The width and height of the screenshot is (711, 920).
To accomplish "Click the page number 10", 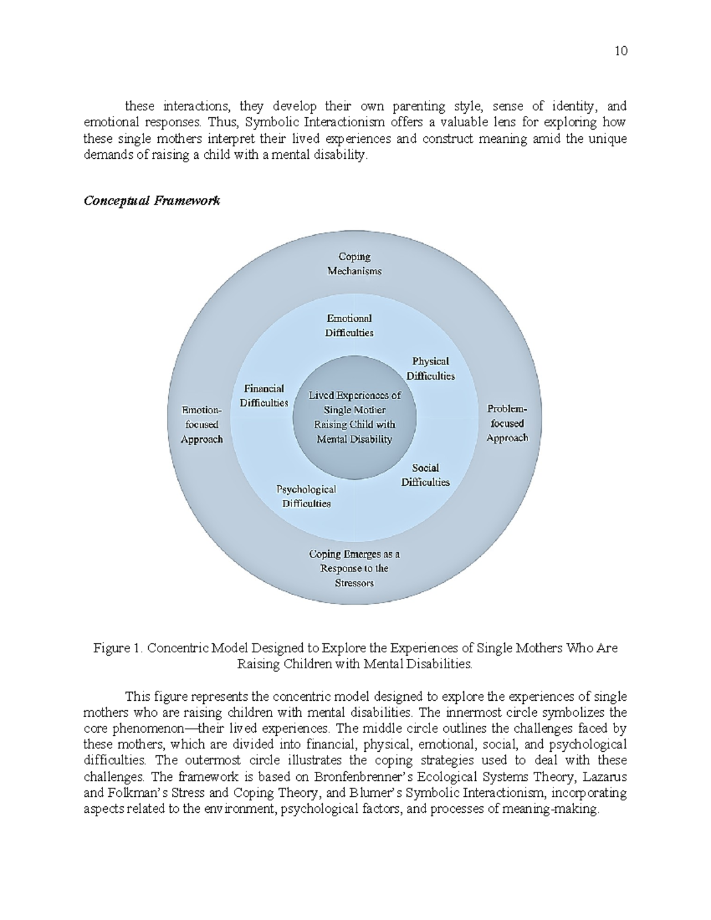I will coord(620,50).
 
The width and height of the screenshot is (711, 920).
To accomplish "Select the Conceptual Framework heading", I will coord(152,200).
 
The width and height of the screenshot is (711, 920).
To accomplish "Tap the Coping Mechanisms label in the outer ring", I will coord(354,264).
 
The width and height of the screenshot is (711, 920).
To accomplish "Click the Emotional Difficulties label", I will coord(349,326).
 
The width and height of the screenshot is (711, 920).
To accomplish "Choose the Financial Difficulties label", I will coord(264,396).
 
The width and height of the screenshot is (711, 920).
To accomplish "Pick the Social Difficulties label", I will coord(425,475).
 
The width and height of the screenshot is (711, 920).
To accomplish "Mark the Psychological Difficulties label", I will coord(306,496).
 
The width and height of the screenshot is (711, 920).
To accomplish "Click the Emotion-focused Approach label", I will coord(201,424).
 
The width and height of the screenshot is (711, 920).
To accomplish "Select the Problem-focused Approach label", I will coord(507,423).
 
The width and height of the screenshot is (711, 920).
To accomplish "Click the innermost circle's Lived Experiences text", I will coord(354,417).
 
